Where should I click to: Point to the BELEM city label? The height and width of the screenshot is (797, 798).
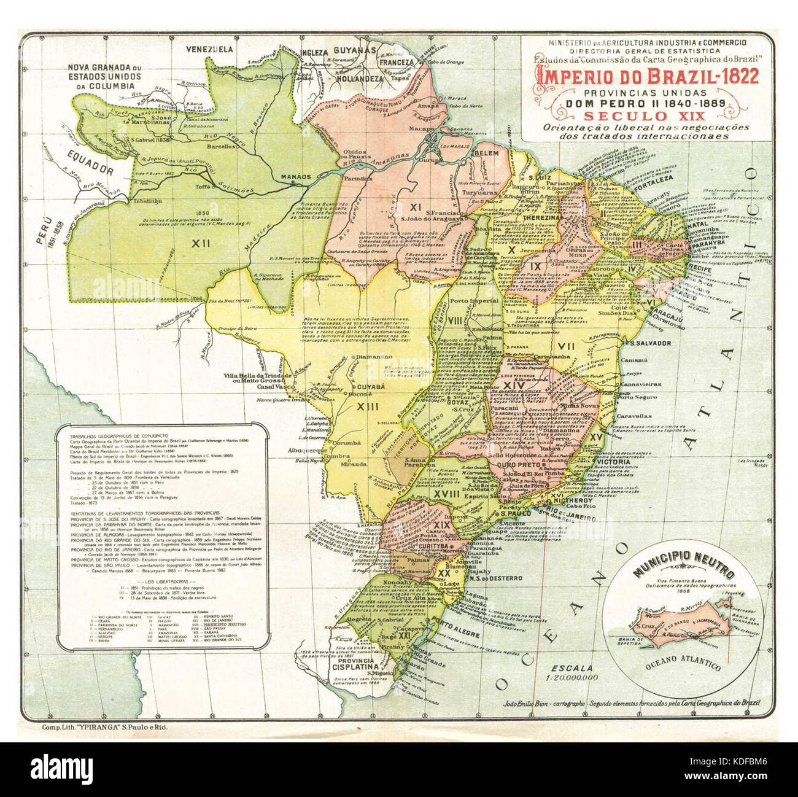(x=489, y=153)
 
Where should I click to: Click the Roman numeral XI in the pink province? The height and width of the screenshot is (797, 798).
(x=416, y=207)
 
